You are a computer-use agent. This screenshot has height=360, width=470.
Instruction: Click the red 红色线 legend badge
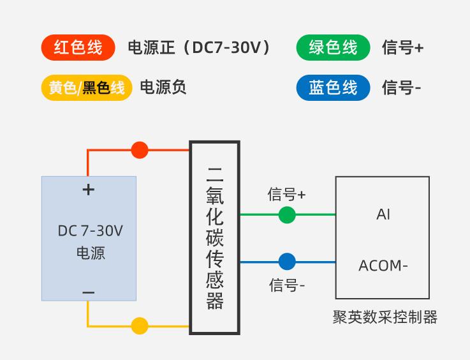(x=78, y=48)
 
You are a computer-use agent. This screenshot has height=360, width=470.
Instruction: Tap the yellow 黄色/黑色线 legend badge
(x=87, y=87)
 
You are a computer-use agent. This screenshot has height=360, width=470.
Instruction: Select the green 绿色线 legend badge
(x=333, y=48)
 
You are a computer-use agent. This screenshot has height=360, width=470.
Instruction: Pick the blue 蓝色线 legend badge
(x=333, y=87)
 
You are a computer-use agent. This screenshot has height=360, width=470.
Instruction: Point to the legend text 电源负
(x=163, y=87)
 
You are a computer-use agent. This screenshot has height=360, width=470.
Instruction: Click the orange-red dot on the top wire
(x=140, y=150)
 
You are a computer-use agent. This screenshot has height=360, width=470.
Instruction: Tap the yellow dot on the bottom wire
(x=140, y=326)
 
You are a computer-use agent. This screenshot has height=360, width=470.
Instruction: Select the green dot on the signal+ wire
(x=287, y=215)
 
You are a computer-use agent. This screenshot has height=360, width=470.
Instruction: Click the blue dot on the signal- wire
(x=287, y=262)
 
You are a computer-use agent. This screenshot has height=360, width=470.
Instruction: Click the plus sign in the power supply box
(x=89, y=190)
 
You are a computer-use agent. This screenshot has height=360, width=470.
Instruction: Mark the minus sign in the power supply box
(x=89, y=293)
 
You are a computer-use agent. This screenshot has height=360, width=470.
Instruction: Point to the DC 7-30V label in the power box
(x=90, y=230)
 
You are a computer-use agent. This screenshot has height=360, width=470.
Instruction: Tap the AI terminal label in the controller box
(x=383, y=215)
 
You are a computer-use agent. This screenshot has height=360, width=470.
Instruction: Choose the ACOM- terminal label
(x=383, y=266)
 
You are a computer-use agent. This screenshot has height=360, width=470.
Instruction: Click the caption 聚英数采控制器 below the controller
(x=385, y=317)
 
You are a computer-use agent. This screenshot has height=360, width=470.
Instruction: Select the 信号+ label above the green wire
(x=287, y=194)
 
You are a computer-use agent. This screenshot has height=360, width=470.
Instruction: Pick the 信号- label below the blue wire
(x=287, y=285)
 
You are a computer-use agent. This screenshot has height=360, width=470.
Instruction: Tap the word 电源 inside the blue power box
(x=90, y=253)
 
